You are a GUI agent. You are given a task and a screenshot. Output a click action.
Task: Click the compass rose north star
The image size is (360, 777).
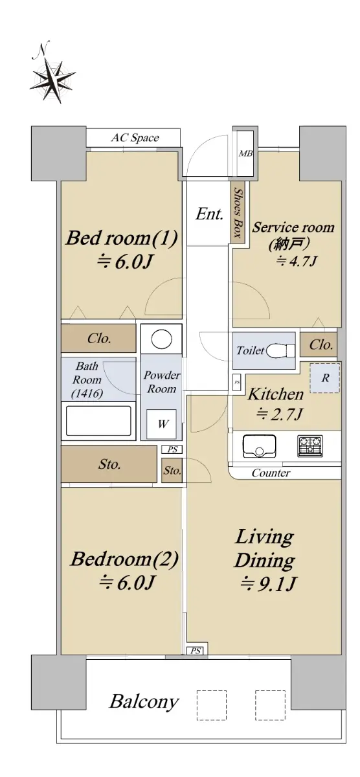pyautogui.click(x=53, y=78)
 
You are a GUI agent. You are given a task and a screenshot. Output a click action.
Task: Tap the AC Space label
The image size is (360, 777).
pyautogui.click(x=135, y=138)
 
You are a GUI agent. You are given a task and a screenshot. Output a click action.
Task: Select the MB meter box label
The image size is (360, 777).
pyautogui.click(x=245, y=153)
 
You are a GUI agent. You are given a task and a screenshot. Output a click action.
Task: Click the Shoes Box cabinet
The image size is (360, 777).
pyautogui.click(x=238, y=213)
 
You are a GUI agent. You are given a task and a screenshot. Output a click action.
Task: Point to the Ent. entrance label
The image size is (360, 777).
pyautogui.click(x=209, y=214)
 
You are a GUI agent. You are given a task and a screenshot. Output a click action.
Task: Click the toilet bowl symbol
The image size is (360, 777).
pyautogui.click(x=280, y=350)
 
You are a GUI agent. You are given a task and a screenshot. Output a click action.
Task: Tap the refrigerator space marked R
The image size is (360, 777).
pyautogui.click(x=324, y=377)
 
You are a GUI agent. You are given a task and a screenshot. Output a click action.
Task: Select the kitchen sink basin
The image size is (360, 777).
pyautogui.click(x=259, y=446)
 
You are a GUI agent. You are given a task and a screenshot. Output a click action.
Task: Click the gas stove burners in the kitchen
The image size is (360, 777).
pyautogui.click(x=310, y=445)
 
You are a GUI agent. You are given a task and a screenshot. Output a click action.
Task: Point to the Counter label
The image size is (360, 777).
pyautogui.click(x=271, y=473)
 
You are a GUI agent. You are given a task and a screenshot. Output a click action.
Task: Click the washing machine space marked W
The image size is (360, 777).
pyautogui.click(x=162, y=424)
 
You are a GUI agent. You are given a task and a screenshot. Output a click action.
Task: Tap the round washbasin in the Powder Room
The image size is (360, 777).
pyautogui.click(x=161, y=339)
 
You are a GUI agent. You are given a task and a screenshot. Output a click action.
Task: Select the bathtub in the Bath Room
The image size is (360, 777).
pyautogui.click(x=98, y=421)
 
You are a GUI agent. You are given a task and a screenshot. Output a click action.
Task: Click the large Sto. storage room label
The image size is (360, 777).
pyautogui.click(x=109, y=464)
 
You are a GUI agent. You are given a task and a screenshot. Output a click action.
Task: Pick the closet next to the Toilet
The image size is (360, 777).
pyautogui.click(x=319, y=344)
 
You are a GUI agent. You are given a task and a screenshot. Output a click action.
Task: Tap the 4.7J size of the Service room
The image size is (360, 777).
pyautogui.click(x=296, y=261)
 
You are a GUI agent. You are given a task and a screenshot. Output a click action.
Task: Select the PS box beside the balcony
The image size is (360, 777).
pyautogui.click(x=196, y=651)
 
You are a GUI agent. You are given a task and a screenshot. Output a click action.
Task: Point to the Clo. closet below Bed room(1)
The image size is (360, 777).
pyautogui.click(x=98, y=338)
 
